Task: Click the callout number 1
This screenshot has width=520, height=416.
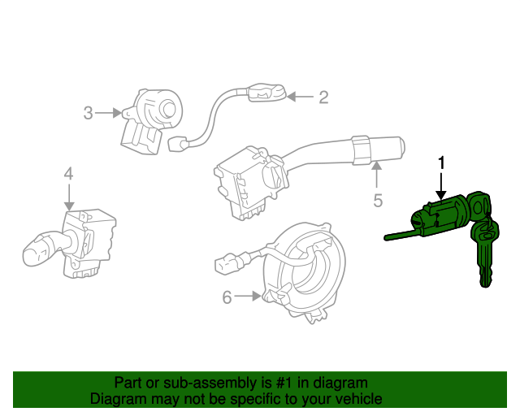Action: tap(442, 162)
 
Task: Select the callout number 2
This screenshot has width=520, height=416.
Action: tap(323, 98)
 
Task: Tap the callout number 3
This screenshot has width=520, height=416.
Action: tap(88, 113)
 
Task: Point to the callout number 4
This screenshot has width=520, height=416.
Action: tap(68, 173)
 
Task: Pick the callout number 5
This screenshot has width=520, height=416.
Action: tap(377, 199)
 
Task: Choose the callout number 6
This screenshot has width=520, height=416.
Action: tap(227, 298)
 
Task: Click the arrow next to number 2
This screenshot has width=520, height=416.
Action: tap(298, 98)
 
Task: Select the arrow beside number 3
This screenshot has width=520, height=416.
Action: tap(107, 113)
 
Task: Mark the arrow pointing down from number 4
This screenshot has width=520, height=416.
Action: tap(68, 197)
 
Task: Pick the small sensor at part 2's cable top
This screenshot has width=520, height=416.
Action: tap(265, 93)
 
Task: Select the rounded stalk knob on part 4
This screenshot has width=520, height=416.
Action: tap(37, 249)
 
